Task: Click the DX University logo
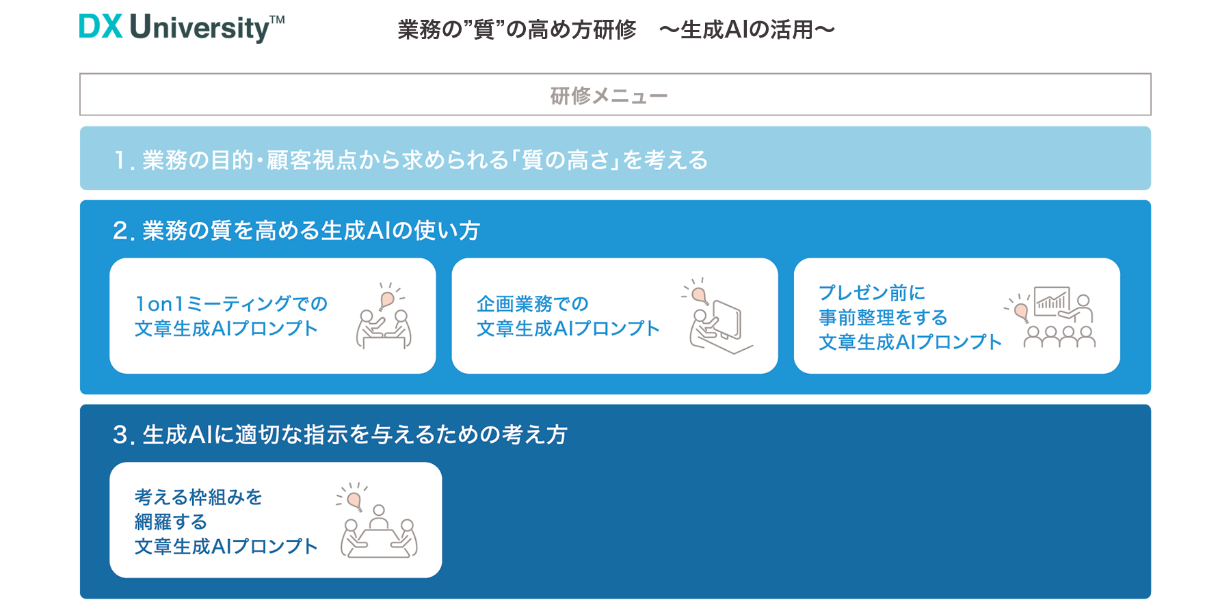(181, 28)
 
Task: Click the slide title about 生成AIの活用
(616, 29)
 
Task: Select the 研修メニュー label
(609, 96)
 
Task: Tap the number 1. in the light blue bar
(123, 161)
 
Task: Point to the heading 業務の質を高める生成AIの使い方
(311, 230)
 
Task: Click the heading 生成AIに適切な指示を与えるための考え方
(355, 435)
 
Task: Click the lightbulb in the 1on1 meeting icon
(387, 299)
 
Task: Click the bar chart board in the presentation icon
(1052, 301)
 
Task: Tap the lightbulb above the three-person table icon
(354, 500)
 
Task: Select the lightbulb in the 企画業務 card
(698, 295)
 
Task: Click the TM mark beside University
(277, 20)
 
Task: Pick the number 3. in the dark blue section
(124, 435)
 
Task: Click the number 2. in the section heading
(124, 231)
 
